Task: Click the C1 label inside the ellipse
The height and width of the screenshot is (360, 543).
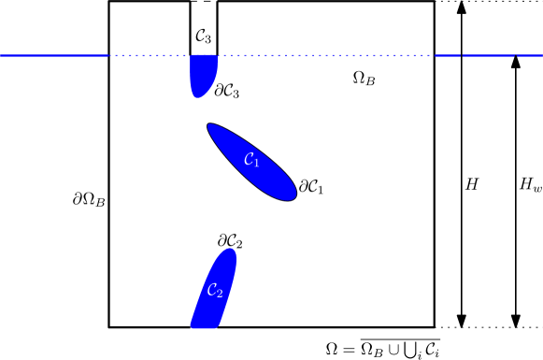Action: click(x=250, y=160)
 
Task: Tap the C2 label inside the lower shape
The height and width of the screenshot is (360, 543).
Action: click(x=215, y=291)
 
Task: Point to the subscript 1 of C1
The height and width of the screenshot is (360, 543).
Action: click(x=256, y=163)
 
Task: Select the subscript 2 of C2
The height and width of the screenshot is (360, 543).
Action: click(x=220, y=294)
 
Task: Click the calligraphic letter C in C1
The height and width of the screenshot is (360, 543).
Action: click(x=248, y=159)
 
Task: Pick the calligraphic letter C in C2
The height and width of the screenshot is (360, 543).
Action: click(x=212, y=290)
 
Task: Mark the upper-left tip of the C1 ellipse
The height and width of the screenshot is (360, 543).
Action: click(x=210, y=126)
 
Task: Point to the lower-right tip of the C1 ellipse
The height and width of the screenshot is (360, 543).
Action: click(x=293, y=195)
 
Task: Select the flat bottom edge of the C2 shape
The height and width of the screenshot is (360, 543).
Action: click(x=204, y=327)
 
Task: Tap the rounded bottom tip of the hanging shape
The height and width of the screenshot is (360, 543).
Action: click(x=196, y=95)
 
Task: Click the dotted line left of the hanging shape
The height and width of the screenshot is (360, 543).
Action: click(x=150, y=56)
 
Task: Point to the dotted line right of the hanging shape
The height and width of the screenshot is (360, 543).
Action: click(x=327, y=56)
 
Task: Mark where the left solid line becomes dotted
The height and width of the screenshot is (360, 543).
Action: click(x=108, y=56)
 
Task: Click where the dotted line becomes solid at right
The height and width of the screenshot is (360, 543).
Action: click(x=436, y=56)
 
